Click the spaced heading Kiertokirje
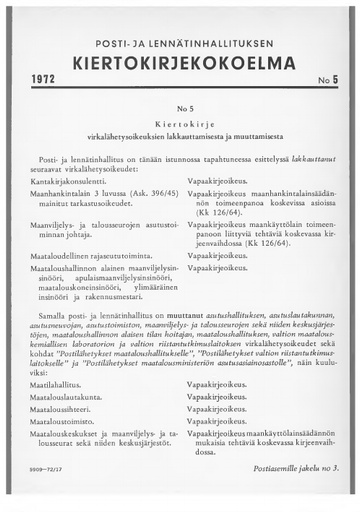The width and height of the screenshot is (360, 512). tap(179, 118)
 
